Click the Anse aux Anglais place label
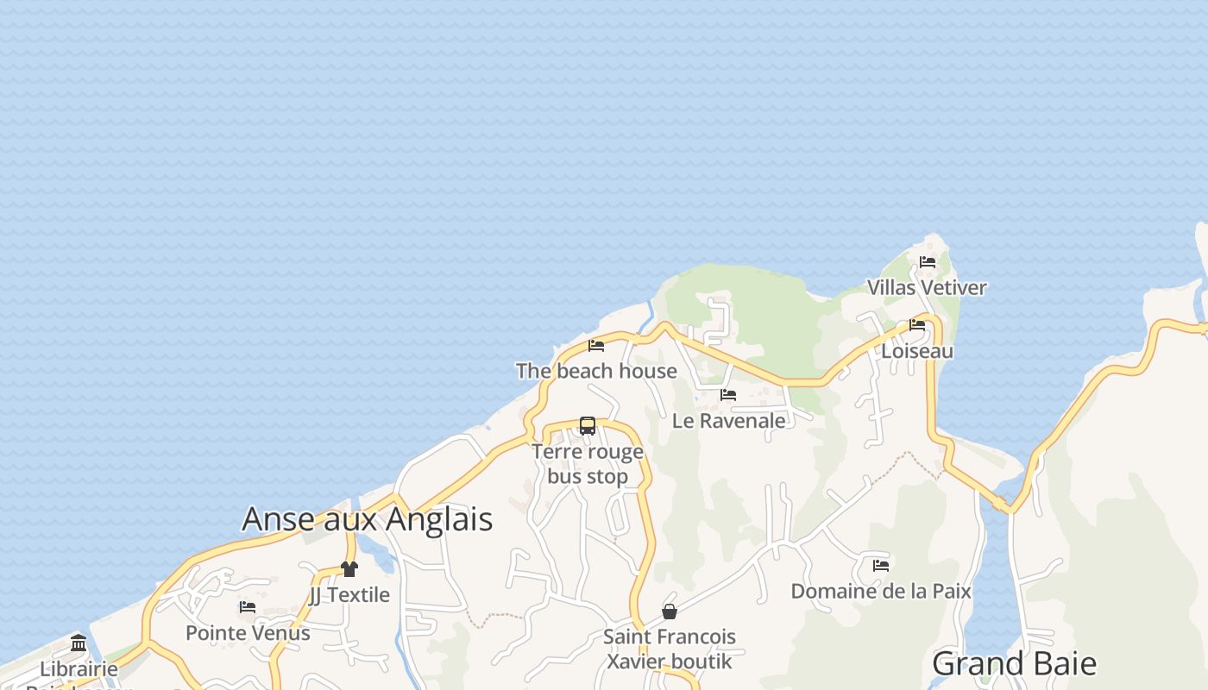coord(367,519)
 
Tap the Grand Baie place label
coord(1014,663)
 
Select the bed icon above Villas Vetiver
coord(928,261)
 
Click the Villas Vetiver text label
coord(927,287)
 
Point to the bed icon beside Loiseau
coord(916,325)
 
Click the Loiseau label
coord(917,351)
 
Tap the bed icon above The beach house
coord(595,346)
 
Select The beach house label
coord(596,371)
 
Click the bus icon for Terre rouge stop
coord(588,426)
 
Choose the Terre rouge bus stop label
coord(588,464)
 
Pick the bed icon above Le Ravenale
coord(728,395)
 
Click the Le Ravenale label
coord(729,420)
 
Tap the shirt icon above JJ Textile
coord(349,569)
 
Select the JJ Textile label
coord(349,595)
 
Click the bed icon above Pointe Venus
coord(248,607)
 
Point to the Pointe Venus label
coord(248,633)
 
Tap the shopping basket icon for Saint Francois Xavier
coord(669,612)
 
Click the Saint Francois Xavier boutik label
coord(670,649)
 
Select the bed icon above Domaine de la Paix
coord(881,566)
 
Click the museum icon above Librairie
coord(79,643)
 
